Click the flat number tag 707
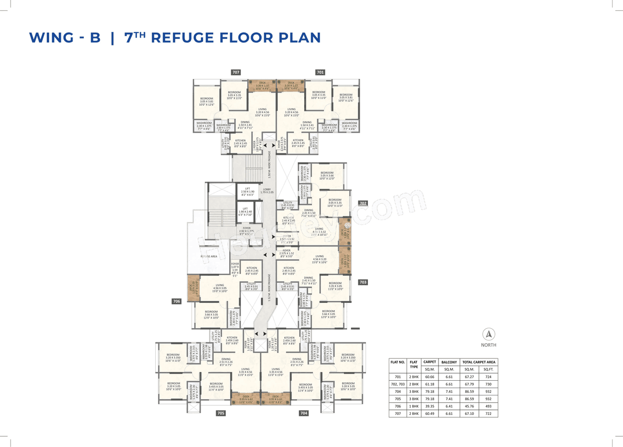[236, 72]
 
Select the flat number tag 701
[320, 72]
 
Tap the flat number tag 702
[363, 203]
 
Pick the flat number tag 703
[363, 282]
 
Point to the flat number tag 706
[177, 301]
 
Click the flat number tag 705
[220, 413]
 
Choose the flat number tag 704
[304, 413]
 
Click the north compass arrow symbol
[489, 335]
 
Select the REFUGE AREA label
[209, 256]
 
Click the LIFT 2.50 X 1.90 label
[248, 191]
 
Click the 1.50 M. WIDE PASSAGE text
[269, 164]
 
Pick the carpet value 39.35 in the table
[429, 406]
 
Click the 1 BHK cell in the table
[414, 406]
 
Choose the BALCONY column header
[448, 362]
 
